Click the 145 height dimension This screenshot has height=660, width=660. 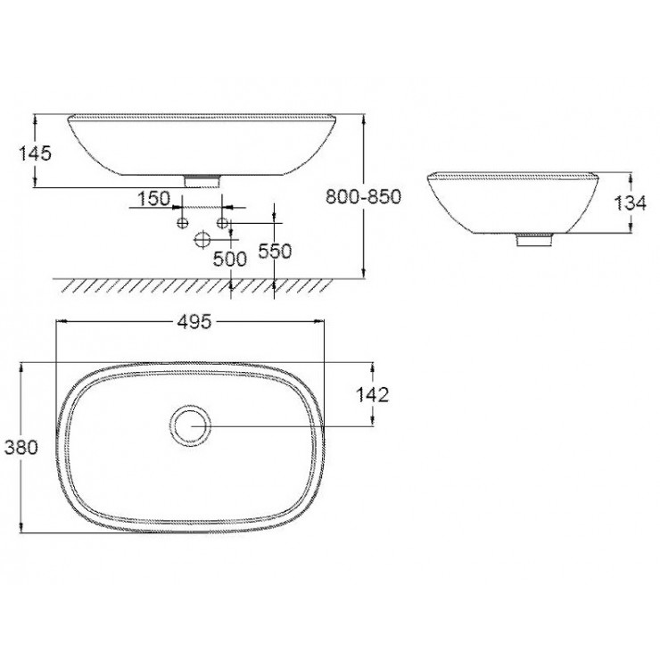point(35,153)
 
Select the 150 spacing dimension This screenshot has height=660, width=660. point(153,198)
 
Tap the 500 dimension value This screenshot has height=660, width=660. point(229,258)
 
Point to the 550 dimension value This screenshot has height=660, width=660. point(275,252)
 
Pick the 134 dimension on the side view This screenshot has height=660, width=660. point(630,202)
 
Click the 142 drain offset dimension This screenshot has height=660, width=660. point(371,394)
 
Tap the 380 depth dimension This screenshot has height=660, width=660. point(21,448)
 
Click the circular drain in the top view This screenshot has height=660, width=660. point(190,425)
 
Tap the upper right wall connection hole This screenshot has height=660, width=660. point(223,220)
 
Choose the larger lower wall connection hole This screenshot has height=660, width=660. point(202,239)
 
